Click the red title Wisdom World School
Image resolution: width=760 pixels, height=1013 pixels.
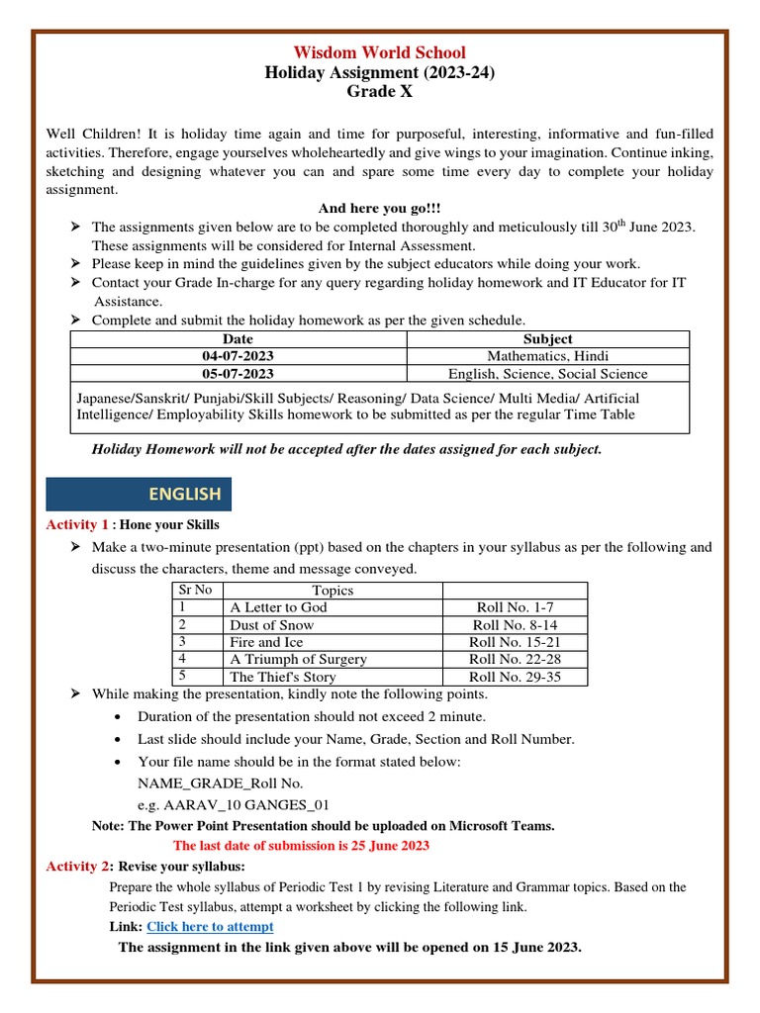pos(379,52)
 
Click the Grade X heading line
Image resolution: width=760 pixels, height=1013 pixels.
pos(379,92)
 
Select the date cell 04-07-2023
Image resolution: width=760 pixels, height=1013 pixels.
pos(238,356)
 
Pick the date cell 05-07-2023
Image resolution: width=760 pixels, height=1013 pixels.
pos(238,374)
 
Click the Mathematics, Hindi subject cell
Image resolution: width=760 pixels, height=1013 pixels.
pos(548,356)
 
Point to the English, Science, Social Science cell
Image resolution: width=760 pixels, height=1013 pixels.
pos(548,374)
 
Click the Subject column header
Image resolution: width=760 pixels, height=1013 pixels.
pos(548,338)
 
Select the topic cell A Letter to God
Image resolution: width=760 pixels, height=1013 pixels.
pos(278,607)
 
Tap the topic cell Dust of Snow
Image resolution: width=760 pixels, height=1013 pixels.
pos(271,625)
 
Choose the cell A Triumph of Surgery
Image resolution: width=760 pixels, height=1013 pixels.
pos(298,659)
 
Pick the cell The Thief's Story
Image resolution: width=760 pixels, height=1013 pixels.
pos(283,677)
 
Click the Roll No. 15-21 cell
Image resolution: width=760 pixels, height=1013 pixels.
pos(515,642)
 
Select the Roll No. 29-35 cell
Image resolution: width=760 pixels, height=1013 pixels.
pos(515,677)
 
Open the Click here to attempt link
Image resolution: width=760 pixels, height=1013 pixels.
pos(210,927)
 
